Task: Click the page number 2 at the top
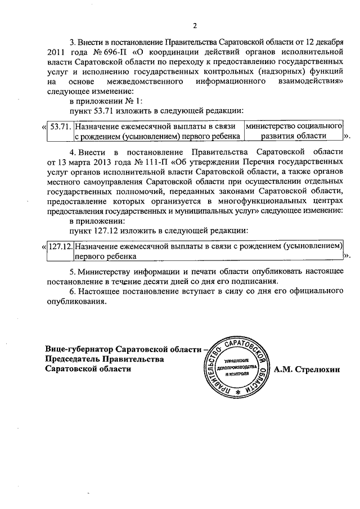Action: pos(195,25)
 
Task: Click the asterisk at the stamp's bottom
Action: pos(238,390)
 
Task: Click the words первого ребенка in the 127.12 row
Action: pos(105,256)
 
